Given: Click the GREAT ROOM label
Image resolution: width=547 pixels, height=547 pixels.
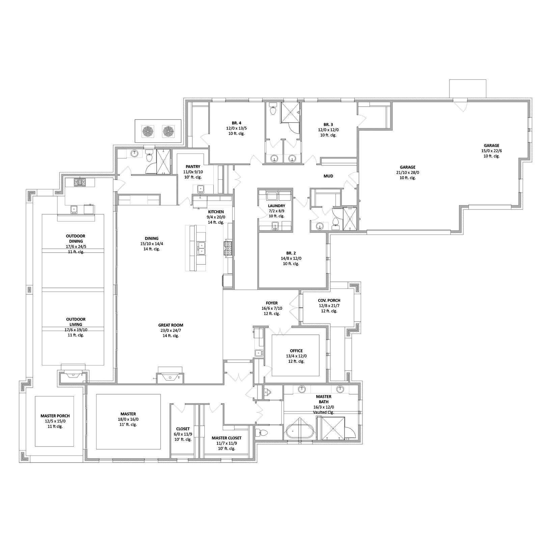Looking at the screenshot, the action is pyautogui.click(x=171, y=325).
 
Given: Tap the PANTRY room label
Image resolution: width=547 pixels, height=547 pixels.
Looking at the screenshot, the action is pyautogui.click(x=193, y=167).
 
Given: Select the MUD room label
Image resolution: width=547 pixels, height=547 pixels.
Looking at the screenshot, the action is pyautogui.click(x=328, y=176).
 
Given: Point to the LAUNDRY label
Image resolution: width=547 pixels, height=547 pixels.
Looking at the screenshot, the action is pyautogui.click(x=277, y=206).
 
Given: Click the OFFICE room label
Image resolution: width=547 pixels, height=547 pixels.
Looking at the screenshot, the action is pyautogui.click(x=296, y=351).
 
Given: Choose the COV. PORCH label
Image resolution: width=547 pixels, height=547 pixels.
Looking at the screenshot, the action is pyautogui.click(x=329, y=300).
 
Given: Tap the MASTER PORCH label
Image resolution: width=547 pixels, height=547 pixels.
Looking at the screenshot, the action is pyautogui.click(x=55, y=416).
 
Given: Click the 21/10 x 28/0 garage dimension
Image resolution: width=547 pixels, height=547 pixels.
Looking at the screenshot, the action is pyautogui.click(x=408, y=172).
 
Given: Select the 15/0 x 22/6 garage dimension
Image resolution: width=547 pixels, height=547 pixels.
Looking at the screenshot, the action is pyautogui.click(x=491, y=151).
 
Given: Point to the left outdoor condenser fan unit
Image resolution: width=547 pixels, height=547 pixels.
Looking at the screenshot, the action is pyautogui.click(x=148, y=131).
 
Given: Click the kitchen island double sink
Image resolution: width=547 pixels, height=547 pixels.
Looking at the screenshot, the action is pyautogui.click(x=201, y=248).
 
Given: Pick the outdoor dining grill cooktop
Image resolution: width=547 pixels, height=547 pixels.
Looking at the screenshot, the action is pyautogui.click(x=80, y=182).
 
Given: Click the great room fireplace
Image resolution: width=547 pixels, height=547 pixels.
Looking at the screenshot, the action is pyautogui.click(x=170, y=376).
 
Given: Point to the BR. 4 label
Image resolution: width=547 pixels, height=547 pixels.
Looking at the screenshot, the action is pyautogui.click(x=237, y=123).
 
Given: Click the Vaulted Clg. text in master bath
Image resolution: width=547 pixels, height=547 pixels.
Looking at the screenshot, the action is pyautogui.click(x=324, y=412).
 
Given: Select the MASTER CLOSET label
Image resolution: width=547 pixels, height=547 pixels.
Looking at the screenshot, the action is pyautogui.click(x=227, y=438).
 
